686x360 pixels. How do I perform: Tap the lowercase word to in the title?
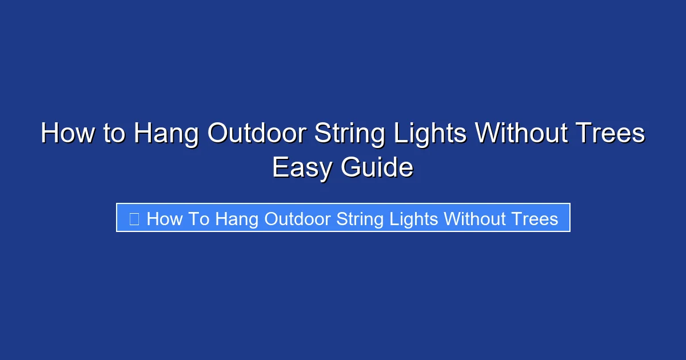point(113,134)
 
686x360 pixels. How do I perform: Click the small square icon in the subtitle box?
point(134,219)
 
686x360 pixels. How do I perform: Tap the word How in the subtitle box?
point(164,219)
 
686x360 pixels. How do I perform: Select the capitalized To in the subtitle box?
point(199,219)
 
